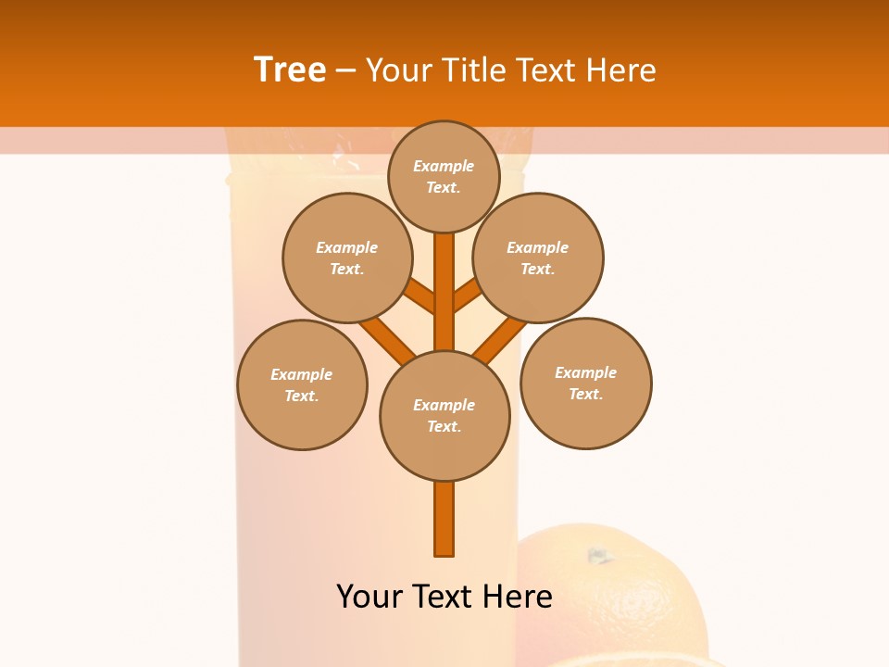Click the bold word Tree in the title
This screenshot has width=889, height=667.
pyautogui.click(x=290, y=70)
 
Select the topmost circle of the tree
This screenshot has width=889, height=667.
pyautogui.click(x=444, y=176)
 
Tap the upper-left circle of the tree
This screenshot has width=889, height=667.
pyautogui.click(x=347, y=258)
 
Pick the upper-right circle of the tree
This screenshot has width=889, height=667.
pyautogui.click(x=538, y=258)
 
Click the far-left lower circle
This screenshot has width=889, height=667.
pyautogui.click(x=302, y=384)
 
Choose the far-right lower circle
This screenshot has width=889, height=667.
pyautogui.click(x=585, y=383)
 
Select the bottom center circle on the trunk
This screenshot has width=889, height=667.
pyautogui.click(x=444, y=416)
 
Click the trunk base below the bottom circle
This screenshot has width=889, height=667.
pyautogui.click(x=444, y=519)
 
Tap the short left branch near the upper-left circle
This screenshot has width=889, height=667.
pyautogui.click(x=419, y=296)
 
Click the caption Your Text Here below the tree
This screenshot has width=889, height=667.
pyautogui.click(x=444, y=597)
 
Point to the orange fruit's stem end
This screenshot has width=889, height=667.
pyautogui.click(x=599, y=556)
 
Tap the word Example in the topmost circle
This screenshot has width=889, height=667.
pyautogui.click(x=444, y=166)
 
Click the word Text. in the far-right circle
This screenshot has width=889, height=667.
pyautogui.click(x=585, y=394)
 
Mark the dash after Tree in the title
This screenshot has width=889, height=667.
pyautogui.click(x=345, y=70)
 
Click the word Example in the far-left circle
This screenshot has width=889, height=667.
pyautogui.click(x=301, y=374)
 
